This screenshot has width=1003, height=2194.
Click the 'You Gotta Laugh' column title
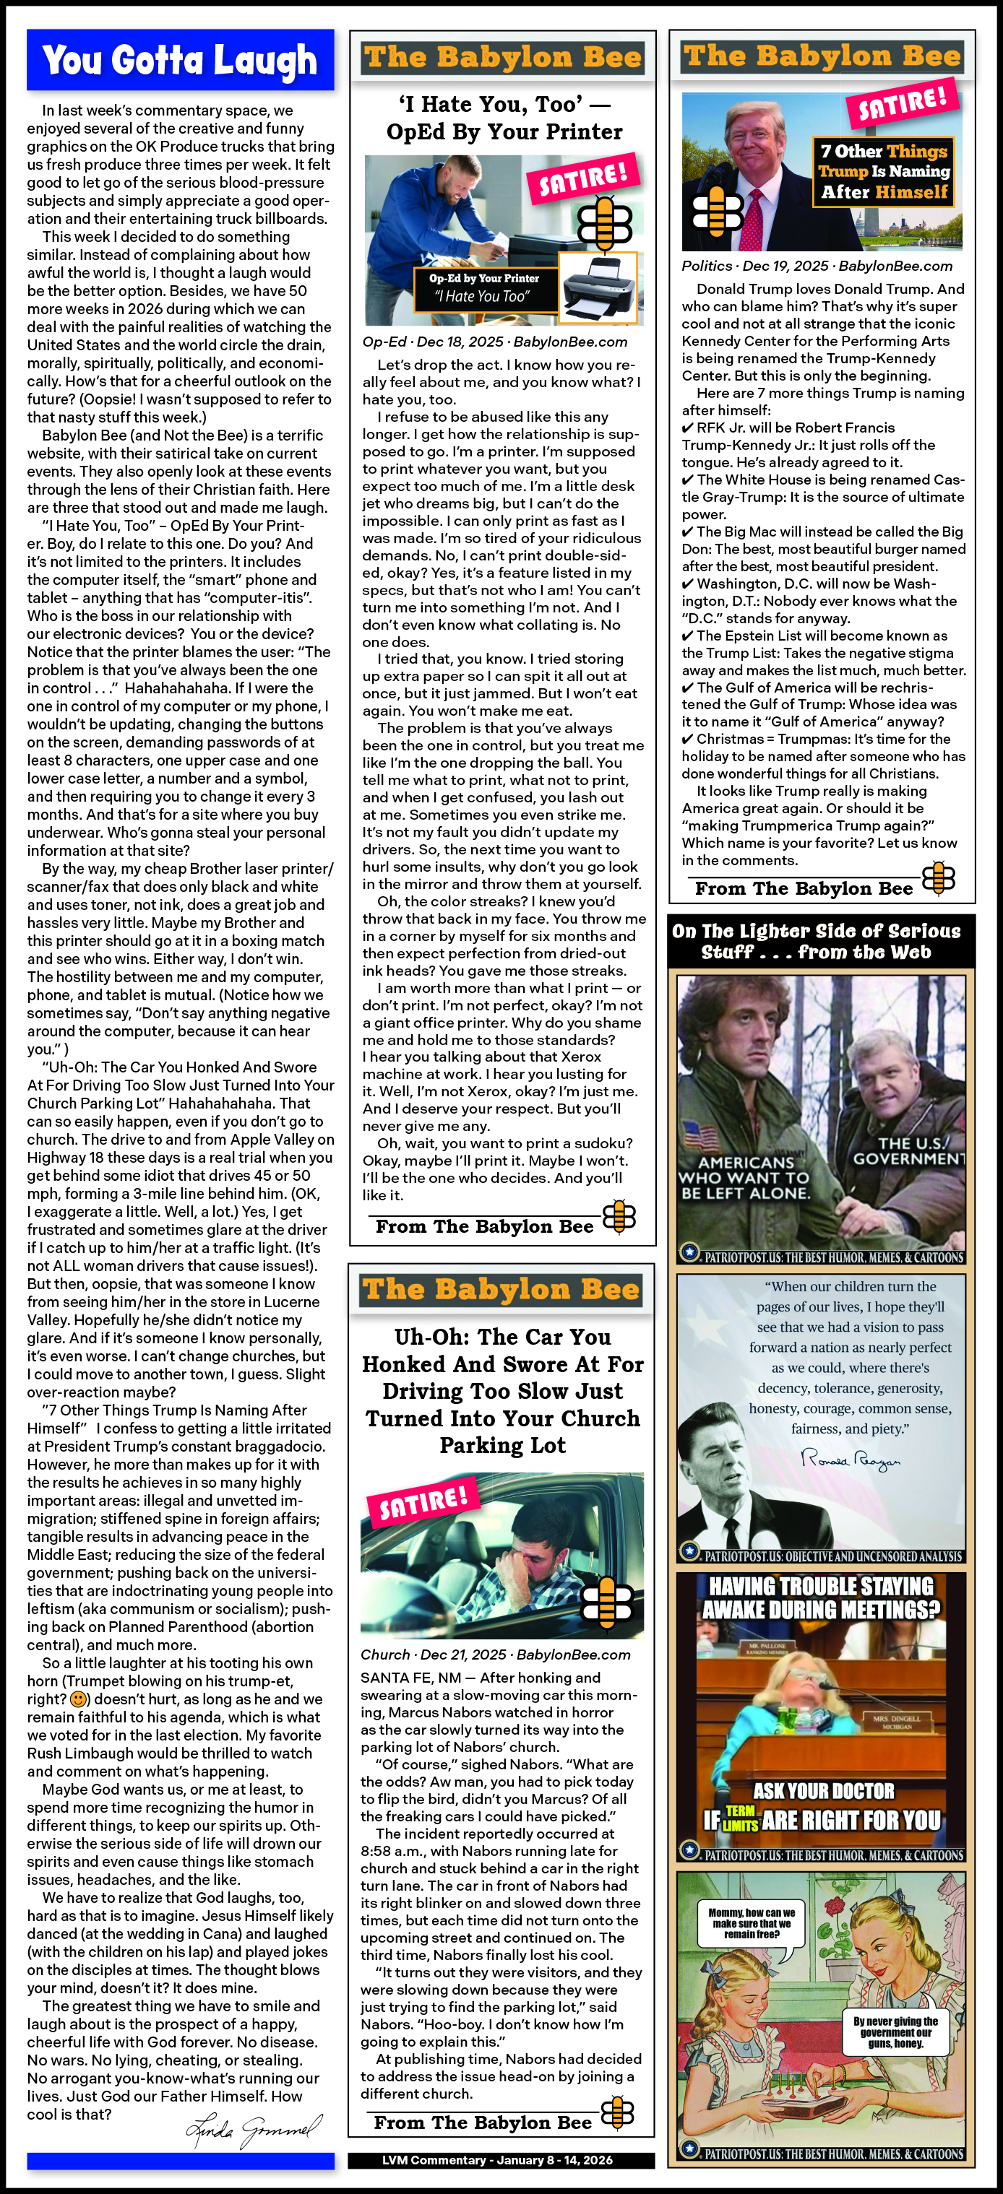(180, 61)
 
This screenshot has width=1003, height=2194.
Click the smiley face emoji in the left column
(78, 1699)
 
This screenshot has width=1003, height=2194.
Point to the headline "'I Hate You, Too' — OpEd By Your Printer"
(504, 118)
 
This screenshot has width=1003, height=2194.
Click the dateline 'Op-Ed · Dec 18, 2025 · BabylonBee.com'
(495, 342)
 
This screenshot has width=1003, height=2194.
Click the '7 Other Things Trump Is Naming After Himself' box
(884, 171)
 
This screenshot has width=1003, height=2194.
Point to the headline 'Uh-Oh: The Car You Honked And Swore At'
(503, 1390)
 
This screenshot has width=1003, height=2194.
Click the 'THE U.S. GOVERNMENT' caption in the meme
(908, 1150)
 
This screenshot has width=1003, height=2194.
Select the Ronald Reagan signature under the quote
(851, 1460)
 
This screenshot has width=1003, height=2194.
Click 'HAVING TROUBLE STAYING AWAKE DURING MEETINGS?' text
(822, 1597)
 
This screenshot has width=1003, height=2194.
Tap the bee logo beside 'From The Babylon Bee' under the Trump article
(938, 878)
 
